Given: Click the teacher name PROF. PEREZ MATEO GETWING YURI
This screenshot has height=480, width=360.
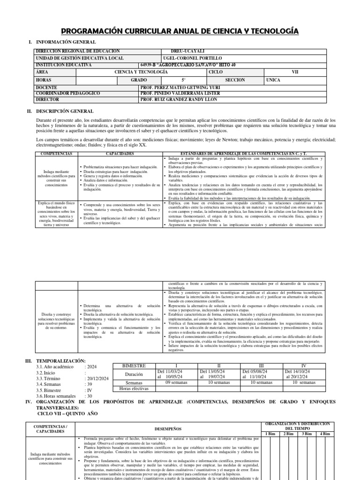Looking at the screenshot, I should click(184, 88).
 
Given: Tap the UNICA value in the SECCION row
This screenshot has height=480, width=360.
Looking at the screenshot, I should click(273, 80).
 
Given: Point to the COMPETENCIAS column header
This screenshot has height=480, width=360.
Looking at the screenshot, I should click(56, 154).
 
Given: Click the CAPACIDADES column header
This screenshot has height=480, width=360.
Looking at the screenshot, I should click(120, 154).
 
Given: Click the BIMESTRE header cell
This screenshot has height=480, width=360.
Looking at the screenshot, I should click(134, 365).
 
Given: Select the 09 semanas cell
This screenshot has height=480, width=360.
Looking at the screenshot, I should click(174, 382).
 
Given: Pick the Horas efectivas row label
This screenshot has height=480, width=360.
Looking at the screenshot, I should click(134, 389).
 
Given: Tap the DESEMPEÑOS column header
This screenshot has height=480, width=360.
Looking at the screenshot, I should click(167, 428).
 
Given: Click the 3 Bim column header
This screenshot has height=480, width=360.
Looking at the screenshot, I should click(307, 433).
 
